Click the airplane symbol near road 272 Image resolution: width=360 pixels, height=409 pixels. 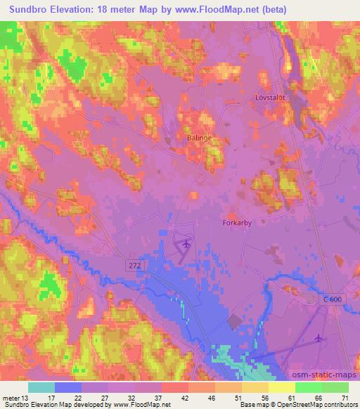pyautogui.click(x=185, y=244)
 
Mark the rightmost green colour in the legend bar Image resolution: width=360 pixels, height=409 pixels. pyautogui.click(x=336, y=387)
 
